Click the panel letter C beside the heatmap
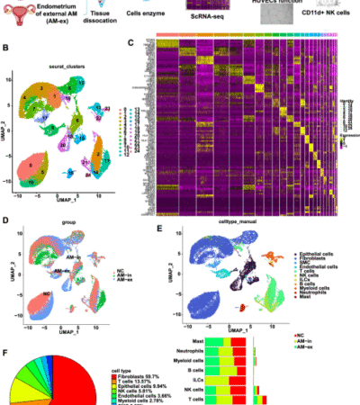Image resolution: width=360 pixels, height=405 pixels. (x=131, y=41)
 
